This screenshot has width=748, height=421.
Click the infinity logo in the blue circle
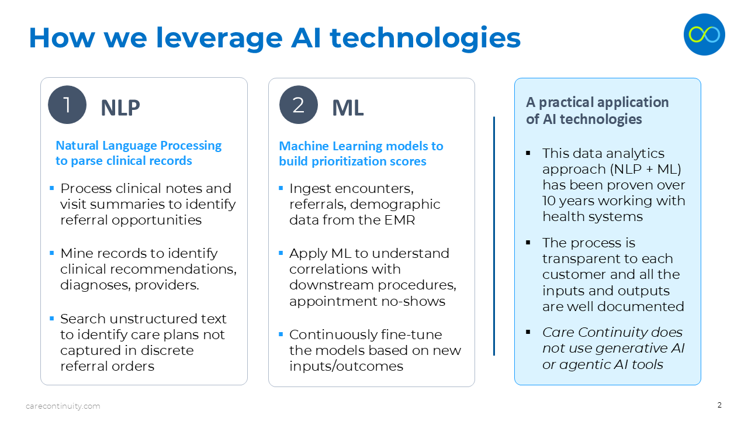704,34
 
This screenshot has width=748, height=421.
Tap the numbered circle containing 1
67,105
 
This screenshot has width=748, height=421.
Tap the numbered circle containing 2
299,105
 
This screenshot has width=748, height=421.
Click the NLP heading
120,108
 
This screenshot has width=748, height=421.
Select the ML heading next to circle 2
348,108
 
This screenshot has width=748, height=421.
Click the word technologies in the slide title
425,37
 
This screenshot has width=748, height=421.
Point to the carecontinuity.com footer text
63,406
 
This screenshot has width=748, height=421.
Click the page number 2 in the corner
719,405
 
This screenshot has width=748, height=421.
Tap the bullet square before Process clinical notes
52,188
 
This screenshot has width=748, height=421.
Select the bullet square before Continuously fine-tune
281,334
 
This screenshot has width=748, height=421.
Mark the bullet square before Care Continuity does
528,332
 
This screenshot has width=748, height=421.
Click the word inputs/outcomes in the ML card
346,366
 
